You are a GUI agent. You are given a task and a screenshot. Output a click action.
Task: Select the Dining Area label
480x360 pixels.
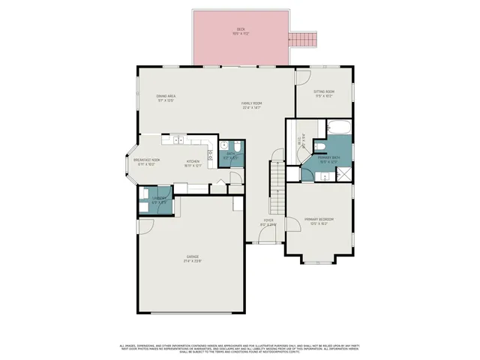point(166,98)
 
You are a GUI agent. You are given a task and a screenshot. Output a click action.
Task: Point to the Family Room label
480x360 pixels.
point(251,105)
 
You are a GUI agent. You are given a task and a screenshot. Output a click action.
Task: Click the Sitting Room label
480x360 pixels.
point(324,94)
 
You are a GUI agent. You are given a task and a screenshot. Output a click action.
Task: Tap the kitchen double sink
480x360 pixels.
point(178,139)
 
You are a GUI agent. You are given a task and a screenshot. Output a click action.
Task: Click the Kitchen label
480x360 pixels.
point(193,163)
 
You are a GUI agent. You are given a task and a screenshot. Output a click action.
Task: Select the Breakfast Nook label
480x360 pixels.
point(144,162)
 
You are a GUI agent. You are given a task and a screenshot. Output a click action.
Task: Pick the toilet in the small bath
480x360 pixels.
point(235,147)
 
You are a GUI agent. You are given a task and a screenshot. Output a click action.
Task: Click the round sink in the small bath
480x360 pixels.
point(223,145)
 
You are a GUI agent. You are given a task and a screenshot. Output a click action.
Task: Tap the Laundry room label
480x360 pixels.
point(159,200)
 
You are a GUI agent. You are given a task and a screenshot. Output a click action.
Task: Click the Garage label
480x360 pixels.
point(193,259)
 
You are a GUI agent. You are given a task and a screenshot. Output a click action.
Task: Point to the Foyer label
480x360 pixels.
point(268,223)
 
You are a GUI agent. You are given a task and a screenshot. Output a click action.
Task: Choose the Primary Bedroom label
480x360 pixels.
point(319,221)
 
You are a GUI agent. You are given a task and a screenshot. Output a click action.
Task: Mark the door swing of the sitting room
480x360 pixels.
point(301,78)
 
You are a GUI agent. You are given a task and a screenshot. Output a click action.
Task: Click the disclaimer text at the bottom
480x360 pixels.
point(240,349)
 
